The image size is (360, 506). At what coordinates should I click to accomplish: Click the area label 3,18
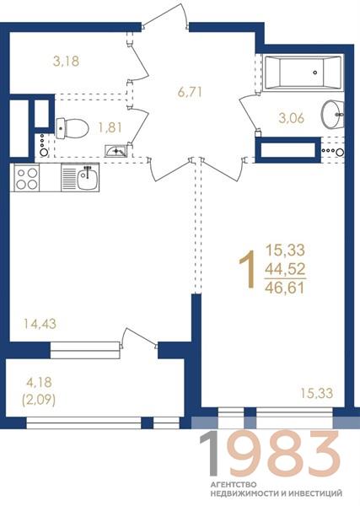click(66, 61)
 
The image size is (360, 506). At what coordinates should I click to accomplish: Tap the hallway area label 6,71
click(190, 92)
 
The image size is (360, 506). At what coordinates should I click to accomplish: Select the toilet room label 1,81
click(110, 128)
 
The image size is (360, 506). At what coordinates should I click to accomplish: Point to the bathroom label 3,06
click(292, 118)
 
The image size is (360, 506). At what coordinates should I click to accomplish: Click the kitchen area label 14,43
click(40, 323)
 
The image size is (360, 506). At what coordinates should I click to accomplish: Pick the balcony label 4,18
click(39, 382)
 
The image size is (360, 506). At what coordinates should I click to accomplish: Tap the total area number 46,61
click(285, 288)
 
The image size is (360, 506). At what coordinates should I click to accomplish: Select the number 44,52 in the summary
click(285, 268)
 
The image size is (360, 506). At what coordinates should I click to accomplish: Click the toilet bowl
click(72, 128)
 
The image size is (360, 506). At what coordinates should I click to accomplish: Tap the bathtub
click(302, 73)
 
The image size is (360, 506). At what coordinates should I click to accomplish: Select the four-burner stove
click(26, 179)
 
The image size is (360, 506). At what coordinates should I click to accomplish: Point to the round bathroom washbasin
click(332, 114)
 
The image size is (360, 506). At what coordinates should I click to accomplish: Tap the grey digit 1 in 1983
click(209, 454)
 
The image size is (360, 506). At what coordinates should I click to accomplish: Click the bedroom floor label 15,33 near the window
click(317, 393)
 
